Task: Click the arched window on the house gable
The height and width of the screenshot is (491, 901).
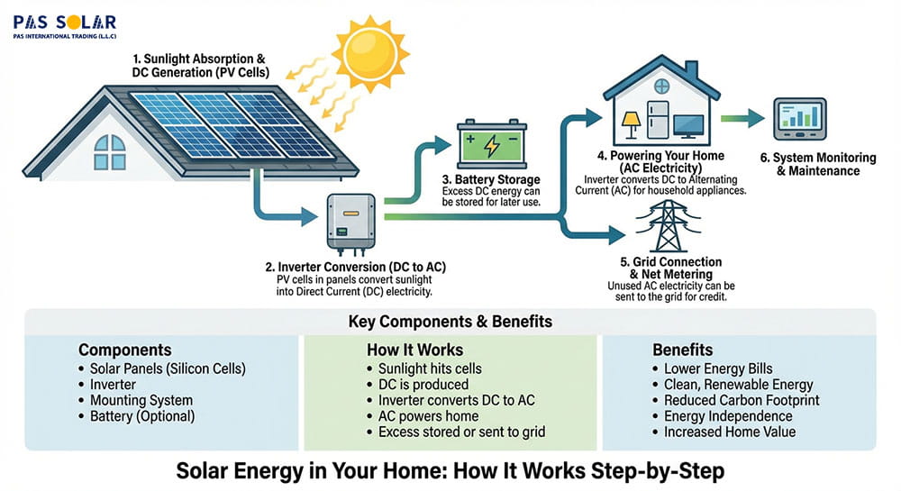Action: tap(109, 152)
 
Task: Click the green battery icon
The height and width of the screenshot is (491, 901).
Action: tap(491, 143)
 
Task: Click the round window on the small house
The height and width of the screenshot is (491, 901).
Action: tap(662, 87)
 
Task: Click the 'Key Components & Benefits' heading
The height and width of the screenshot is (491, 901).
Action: tap(450, 322)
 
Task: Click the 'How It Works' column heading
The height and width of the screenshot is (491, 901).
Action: tap(414, 350)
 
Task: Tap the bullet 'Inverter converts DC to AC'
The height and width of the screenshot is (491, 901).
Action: tap(456, 400)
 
